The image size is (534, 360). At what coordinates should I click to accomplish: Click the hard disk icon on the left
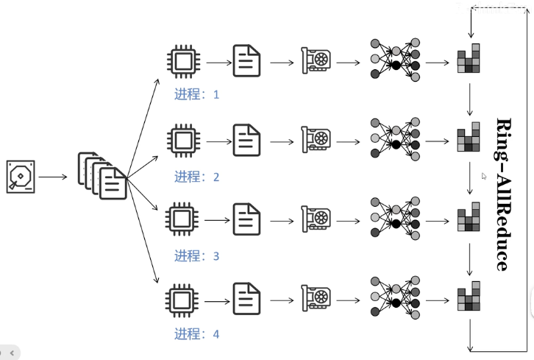(x=21, y=177)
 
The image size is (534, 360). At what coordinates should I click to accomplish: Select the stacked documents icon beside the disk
(x=102, y=175)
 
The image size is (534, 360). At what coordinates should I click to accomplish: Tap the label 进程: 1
(x=196, y=95)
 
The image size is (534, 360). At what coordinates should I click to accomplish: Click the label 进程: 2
(x=196, y=177)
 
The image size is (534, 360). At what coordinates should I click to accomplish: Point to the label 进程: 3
(x=196, y=256)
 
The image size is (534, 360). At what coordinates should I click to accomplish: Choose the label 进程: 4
(x=196, y=334)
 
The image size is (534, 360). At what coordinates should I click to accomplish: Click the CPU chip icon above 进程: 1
(x=182, y=61)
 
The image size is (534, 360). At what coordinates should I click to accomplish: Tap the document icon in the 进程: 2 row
(x=247, y=139)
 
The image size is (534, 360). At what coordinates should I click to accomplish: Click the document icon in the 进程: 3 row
(x=247, y=219)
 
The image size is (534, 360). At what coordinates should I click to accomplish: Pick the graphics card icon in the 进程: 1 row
(x=316, y=61)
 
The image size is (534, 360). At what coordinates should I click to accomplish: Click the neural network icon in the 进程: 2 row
(x=395, y=139)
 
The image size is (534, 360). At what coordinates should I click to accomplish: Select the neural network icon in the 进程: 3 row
(x=395, y=219)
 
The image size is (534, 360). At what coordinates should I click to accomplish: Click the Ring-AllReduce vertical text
(x=503, y=194)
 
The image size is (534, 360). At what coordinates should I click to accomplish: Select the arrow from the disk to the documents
(x=53, y=177)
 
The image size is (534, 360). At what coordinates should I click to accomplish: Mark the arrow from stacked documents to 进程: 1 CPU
(x=144, y=121)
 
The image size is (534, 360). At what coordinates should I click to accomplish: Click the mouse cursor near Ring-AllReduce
(x=484, y=177)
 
